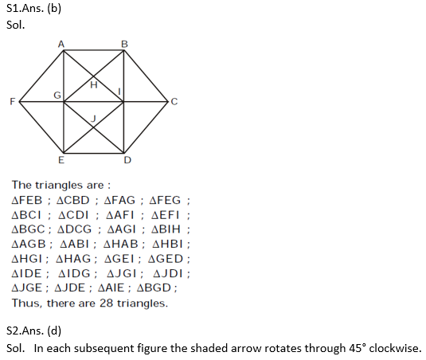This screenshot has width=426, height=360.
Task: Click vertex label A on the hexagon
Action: point(61,44)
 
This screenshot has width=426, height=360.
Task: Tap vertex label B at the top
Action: point(124,44)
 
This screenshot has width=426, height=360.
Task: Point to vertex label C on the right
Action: point(174,102)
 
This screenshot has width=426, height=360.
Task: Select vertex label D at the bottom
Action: point(127,160)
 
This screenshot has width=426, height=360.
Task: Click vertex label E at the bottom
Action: point(61,160)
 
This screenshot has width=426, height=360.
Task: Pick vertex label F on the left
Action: point(13,102)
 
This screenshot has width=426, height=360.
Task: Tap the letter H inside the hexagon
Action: point(94,85)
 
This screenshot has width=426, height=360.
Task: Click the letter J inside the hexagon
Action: point(93,119)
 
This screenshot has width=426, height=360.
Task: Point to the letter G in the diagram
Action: point(57,95)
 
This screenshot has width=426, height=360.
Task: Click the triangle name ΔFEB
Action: point(27,200)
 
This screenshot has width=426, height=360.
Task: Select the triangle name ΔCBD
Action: point(72,200)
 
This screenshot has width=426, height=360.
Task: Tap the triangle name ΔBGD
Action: point(154,288)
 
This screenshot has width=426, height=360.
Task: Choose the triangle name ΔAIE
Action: point(111,288)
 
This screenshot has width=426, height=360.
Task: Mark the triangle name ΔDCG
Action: point(75,229)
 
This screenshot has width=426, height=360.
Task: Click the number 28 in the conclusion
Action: point(106,303)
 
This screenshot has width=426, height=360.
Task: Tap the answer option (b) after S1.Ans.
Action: point(54,9)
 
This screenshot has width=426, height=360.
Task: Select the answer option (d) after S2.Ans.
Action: point(54,331)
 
